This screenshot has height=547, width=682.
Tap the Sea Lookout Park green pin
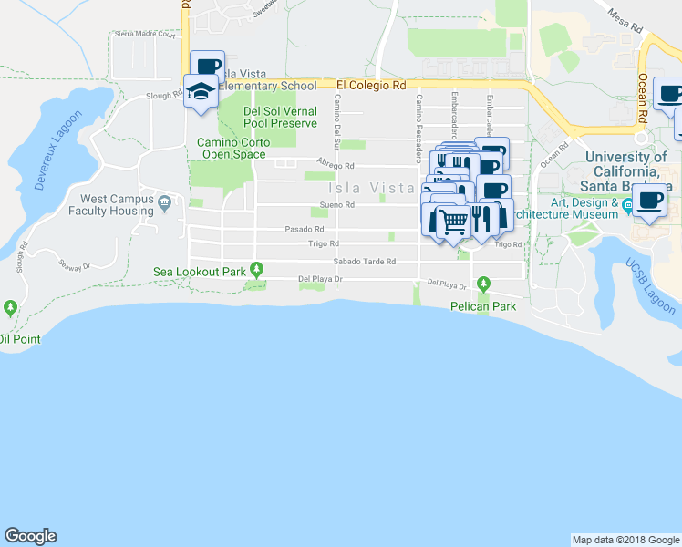coord(257,269)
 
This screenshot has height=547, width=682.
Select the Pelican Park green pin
coord(484,282)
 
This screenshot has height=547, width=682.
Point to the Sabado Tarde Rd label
coord(364,262)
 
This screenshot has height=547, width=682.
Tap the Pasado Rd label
coord(305,229)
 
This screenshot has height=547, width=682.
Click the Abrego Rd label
coord(335,166)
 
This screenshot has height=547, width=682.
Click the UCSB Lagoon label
coord(649,287)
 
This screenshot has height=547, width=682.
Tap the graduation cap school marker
coord(200,90)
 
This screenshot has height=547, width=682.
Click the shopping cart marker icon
coord(453,220)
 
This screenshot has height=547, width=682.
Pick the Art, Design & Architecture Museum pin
coord(627,208)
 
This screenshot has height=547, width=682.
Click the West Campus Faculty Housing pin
coord(164,201)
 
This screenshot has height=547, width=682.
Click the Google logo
coord(30,536)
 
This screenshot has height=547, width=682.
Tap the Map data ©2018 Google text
coord(624,540)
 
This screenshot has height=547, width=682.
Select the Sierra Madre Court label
coord(144,34)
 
